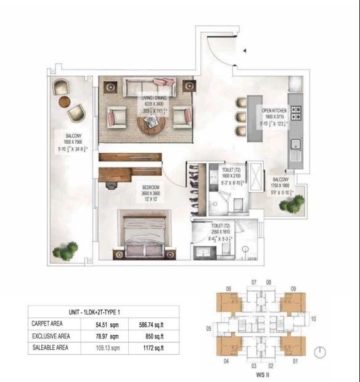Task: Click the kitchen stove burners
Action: click(x=296, y=113)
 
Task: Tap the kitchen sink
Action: click(x=296, y=145)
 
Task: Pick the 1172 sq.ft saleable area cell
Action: click(x=148, y=349)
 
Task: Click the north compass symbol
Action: click(x=319, y=352)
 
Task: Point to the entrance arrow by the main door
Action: click(x=245, y=51)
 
